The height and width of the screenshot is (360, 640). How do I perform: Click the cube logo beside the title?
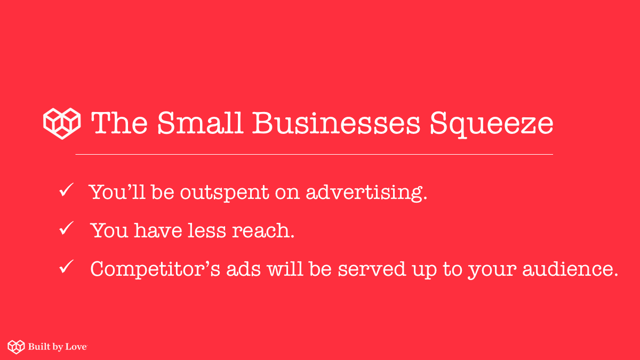[62, 123]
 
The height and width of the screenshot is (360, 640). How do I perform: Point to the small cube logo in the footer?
[16, 347]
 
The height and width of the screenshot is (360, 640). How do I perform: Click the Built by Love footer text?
[58, 347]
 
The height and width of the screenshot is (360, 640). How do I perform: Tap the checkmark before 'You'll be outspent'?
[66, 191]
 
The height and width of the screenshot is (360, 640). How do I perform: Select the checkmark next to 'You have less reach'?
[66, 229]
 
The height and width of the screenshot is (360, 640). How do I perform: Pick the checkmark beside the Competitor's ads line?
[66, 268]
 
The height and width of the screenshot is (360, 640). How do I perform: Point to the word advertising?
[366, 192]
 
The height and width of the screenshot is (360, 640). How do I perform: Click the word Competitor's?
[154, 269]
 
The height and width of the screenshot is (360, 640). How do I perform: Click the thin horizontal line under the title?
[314, 154]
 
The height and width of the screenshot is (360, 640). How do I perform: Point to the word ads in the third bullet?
[244, 269]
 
